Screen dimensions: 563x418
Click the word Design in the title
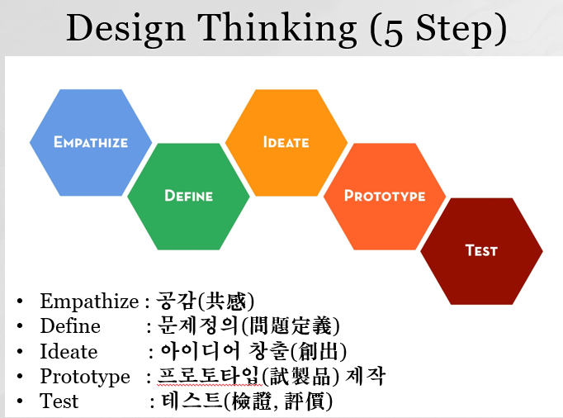(x=125, y=30)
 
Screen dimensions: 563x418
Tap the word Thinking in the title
(x=277, y=30)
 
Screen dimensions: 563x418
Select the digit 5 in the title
(x=393, y=31)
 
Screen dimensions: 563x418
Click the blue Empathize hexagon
(x=91, y=143)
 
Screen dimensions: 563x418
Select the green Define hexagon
(x=188, y=197)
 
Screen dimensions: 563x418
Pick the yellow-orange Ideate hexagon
(x=286, y=143)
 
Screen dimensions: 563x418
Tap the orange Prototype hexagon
(x=385, y=197)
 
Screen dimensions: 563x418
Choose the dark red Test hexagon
(x=481, y=251)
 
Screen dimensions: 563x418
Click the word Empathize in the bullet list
(x=89, y=302)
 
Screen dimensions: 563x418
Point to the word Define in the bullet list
(x=70, y=325)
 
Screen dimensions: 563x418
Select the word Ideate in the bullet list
(x=69, y=351)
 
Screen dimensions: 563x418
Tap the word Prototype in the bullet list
(x=85, y=377)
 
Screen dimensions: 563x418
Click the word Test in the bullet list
(x=59, y=401)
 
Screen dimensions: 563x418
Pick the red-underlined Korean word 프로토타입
(x=210, y=376)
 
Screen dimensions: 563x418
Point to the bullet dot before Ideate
(x=20, y=352)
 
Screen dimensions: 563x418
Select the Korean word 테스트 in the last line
(x=192, y=401)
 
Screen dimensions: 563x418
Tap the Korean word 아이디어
(x=200, y=351)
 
